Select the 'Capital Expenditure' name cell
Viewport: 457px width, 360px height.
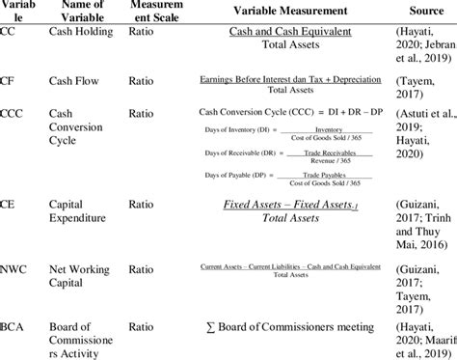click(x=81, y=212)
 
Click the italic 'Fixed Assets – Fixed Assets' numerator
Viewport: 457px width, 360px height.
click(x=277, y=206)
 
